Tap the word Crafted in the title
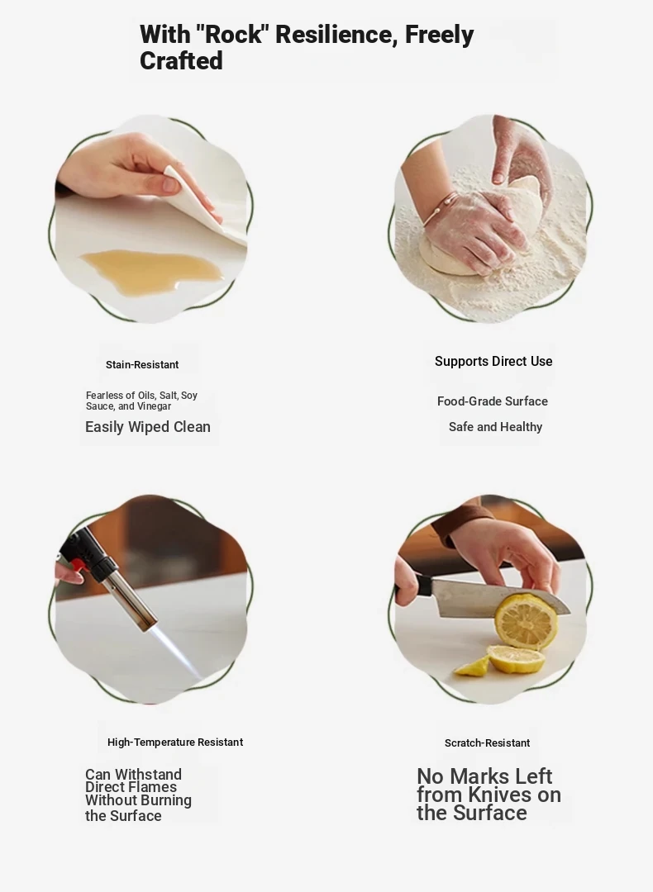pos(181,61)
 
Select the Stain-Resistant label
pos(142,365)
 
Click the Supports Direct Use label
pos(493,362)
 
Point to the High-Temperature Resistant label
pos(175,743)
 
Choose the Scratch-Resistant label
pos(488,743)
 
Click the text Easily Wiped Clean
pos(148,427)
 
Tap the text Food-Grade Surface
pos(493,401)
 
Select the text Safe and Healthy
pos(495,427)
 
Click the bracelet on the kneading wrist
pos(438,206)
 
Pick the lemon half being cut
pos(525,621)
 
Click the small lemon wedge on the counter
pos(473,667)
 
